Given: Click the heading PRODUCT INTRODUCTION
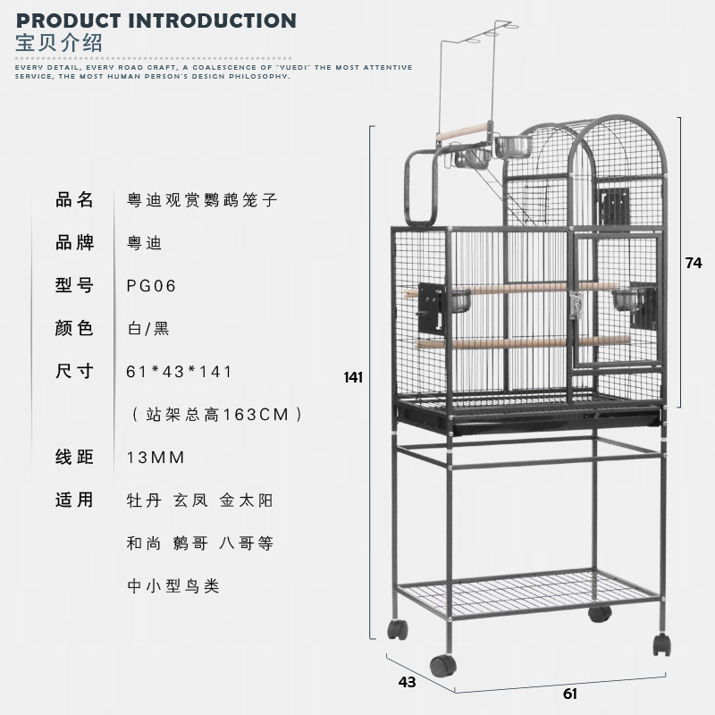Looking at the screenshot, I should pos(156,20).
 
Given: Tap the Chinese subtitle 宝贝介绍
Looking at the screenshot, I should pos(59,42).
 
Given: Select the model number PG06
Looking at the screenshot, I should pos(152,286).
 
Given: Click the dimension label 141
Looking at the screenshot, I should pos(354,377).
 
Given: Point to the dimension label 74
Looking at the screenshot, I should pos(694,263).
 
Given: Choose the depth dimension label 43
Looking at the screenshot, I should pos(407,682).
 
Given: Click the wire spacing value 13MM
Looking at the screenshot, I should pos(156,458).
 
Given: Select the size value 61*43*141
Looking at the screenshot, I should pos(180,371).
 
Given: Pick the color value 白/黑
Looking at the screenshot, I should pos(148,328).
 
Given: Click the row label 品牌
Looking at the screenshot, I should pos(74,242).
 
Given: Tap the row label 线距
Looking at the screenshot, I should pos(74,458).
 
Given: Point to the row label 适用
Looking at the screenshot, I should pos(74,500).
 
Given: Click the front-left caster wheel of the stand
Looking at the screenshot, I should pos(442,666).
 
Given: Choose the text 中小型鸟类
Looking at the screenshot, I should pos(173,586).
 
